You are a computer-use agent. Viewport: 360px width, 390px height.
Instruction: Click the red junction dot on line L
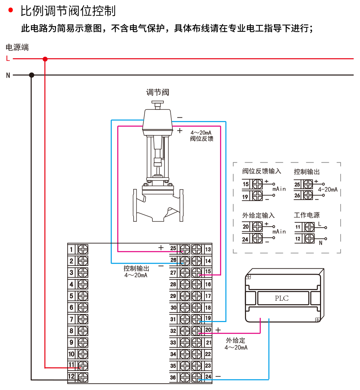click(x=45, y=59)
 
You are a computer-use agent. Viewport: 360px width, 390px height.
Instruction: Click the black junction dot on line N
click(x=32, y=75)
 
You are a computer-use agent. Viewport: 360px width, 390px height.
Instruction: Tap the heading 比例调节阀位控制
click(x=68, y=11)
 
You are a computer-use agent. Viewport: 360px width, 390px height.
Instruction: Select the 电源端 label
click(x=17, y=47)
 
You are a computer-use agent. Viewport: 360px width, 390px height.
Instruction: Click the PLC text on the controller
click(x=282, y=298)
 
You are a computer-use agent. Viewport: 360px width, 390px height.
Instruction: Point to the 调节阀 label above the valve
click(x=157, y=92)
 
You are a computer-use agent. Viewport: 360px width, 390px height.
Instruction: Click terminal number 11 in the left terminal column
click(x=71, y=365)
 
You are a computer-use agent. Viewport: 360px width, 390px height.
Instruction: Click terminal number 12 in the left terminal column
click(x=71, y=377)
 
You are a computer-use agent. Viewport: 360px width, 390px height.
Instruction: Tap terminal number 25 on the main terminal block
click(x=173, y=248)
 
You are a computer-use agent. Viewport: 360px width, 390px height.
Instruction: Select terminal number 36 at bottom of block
click(x=173, y=377)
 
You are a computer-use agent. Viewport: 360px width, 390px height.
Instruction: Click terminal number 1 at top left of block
click(x=71, y=249)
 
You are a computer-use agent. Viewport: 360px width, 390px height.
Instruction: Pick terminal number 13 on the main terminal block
click(x=208, y=249)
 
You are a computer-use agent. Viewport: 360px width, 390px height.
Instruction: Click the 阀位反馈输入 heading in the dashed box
click(x=262, y=171)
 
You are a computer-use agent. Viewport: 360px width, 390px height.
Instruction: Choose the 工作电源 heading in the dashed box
click(x=307, y=215)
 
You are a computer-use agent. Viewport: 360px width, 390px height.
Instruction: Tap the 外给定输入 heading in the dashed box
click(x=258, y=215)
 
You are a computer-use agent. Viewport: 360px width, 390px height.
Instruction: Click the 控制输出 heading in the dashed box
click(x=307, y=172)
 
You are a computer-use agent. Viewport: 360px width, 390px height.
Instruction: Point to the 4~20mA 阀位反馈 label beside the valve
click(x=201, y=136)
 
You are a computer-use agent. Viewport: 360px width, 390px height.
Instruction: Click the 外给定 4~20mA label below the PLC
click(x=236, y=344)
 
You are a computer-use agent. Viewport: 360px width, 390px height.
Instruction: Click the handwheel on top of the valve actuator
click(x=157, y=104)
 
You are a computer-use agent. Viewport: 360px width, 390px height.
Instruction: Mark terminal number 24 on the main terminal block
click(x=208, y=377)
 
